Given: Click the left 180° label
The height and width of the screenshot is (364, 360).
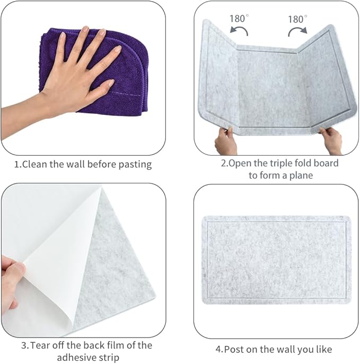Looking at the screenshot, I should (x=239, y=19).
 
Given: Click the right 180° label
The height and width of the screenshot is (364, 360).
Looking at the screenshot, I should (x=297, y=19).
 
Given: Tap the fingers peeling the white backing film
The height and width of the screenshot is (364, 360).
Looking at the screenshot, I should (x=12, y=276).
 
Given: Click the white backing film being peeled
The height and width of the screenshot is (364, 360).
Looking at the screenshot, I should (x=58, y=244).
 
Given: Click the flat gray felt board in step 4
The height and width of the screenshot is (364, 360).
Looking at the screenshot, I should (x=276, y=260).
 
